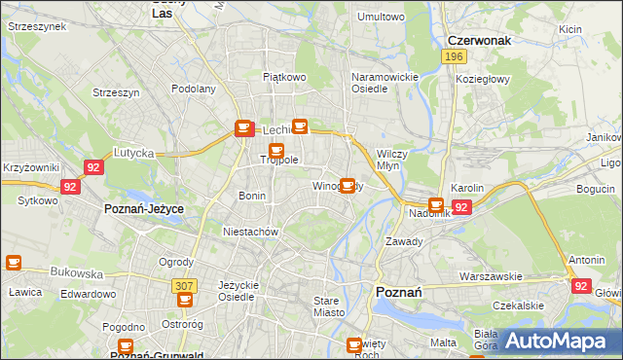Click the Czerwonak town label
coord(480,41)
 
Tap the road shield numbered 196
coord(453,57)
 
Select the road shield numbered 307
coord(182,286)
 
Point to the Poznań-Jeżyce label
coord(144,209)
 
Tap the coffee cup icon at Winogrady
coord(347,185)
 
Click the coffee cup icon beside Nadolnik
coord(436,204)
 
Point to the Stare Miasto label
coord(332,306)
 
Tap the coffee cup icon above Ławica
coord(14,262)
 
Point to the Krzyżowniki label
coord(31,168)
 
